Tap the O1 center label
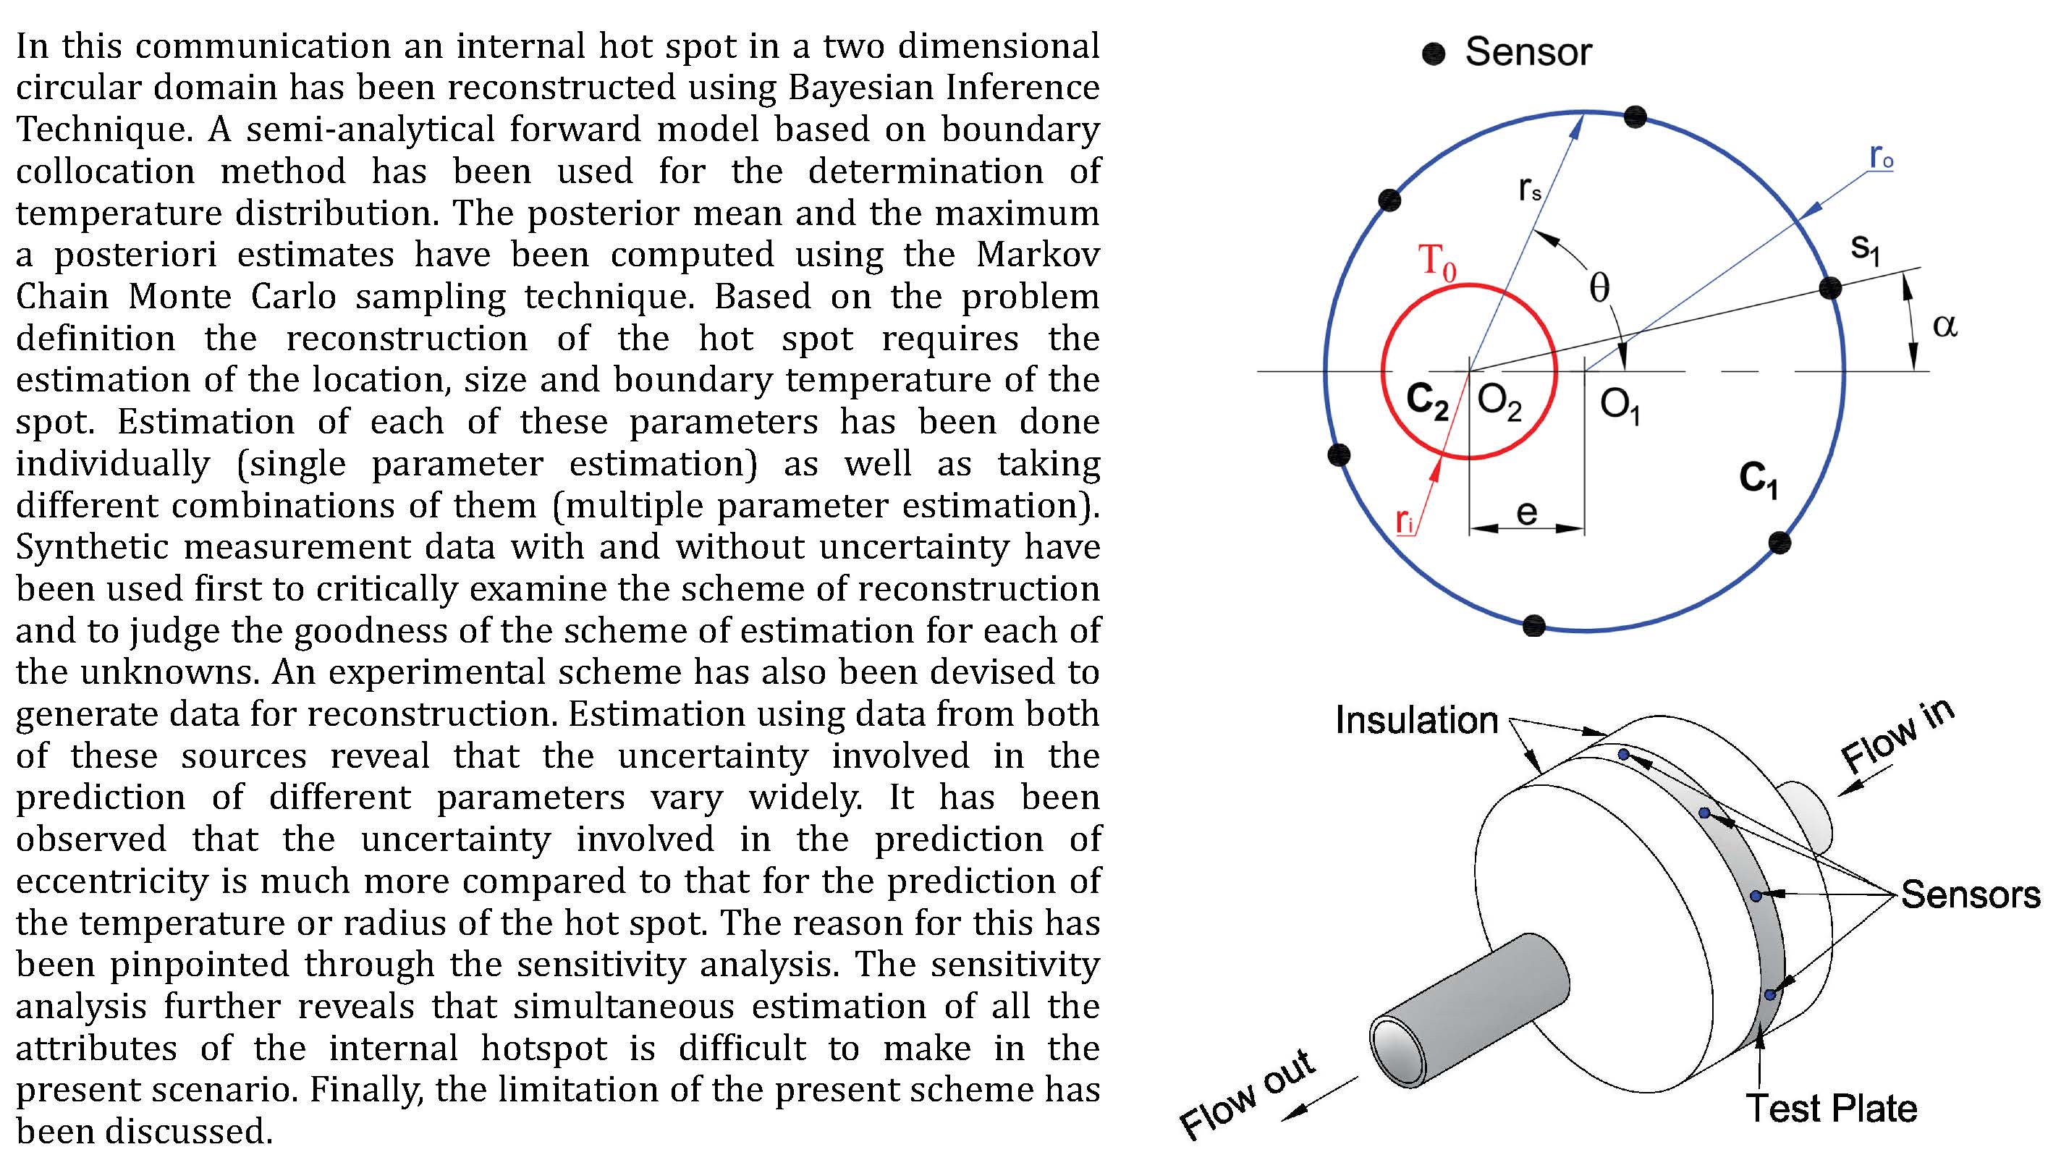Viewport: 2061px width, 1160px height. [x=1620, y=405]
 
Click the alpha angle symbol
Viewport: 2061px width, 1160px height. [x=1944, y=326]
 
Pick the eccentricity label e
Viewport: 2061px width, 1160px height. [x=1526, y=512]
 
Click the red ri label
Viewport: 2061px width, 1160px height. [x=1404, y=520]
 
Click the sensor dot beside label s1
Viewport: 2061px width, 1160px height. [x=1829, y=288]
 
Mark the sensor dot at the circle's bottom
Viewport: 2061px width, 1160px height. [x=1533, y=625]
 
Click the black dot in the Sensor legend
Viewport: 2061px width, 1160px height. [x=1434, y=54]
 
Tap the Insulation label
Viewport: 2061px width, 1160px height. [x=1416, y=720]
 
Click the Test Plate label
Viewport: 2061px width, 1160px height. [x=1832, y=1108]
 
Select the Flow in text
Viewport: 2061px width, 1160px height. [x=1897, y=734]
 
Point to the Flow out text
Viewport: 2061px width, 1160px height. [x=1247, y=1093]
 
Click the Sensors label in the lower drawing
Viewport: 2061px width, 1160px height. [x=1971, y=894]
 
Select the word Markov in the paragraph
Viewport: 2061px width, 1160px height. [x=1038, y=255]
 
